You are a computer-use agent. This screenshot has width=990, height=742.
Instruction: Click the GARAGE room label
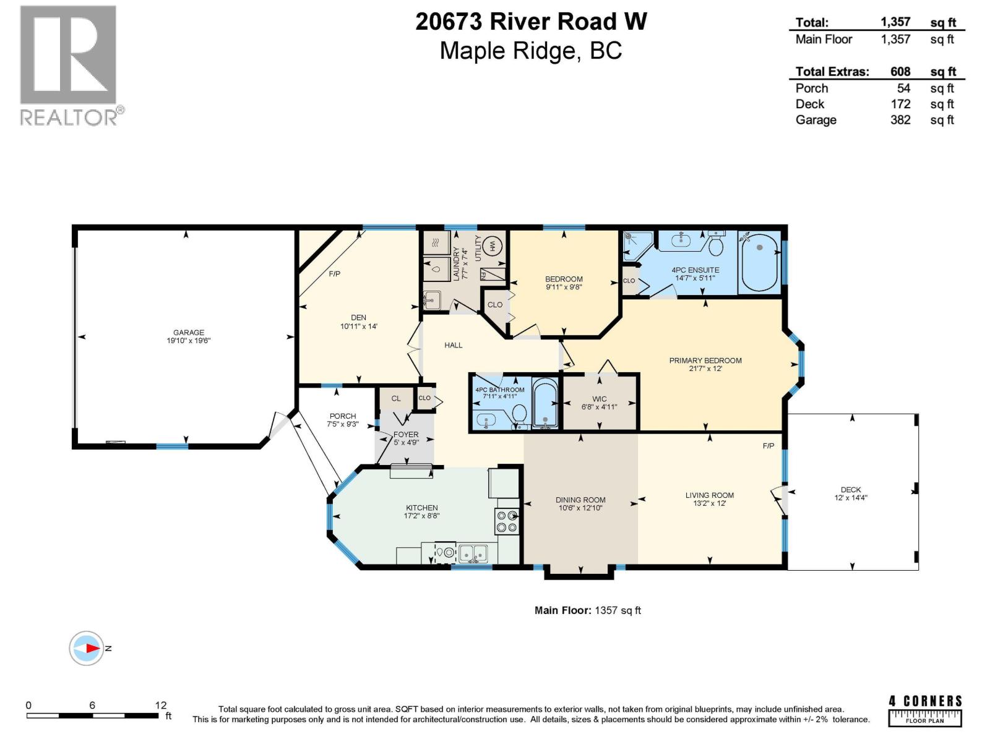(188, 332)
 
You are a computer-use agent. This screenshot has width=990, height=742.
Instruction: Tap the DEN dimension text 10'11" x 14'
(358, 326)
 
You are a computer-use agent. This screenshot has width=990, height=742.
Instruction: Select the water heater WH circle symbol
(493, 246)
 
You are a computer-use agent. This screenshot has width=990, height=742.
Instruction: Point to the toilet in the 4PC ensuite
(716, 246)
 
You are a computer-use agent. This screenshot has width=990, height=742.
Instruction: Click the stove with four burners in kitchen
(506, 521)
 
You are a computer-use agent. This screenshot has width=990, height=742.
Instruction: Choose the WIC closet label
(599, 399)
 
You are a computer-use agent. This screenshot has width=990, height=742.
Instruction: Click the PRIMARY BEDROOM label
(705, 360)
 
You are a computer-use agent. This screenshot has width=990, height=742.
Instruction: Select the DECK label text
(851, 489)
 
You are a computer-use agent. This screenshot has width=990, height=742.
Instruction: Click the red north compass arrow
(92, 648)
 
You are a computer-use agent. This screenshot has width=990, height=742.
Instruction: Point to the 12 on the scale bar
(161, 705)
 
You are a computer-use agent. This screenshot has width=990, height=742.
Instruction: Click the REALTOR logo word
(69, 117)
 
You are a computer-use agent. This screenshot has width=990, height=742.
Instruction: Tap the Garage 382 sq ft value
(900, 120)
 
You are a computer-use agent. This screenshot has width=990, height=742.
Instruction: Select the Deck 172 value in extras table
(900, 104)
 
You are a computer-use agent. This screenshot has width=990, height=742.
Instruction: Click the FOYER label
(406, 434)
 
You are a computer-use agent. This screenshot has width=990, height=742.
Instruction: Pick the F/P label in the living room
(768, 445)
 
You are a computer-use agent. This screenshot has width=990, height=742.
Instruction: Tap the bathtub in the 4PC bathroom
(545, 403)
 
